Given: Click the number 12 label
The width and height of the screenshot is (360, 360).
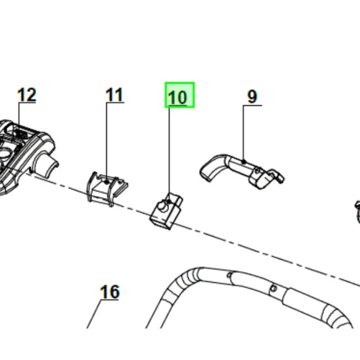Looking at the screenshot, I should click(x=26, y=95).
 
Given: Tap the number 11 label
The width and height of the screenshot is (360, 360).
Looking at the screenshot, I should click(x=114, y=95).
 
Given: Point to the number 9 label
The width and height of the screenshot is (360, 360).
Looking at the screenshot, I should click(x=252, y=96).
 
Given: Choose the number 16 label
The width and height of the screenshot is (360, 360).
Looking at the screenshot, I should click(x=109, y=292).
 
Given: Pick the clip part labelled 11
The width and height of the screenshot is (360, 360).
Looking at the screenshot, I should click(x=106, y=186).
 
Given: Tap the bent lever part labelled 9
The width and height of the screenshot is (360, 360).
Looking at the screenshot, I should click(x=238, y=168).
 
